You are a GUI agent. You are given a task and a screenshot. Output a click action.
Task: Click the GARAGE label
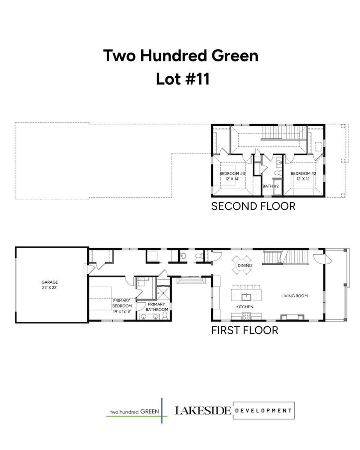point(50,282)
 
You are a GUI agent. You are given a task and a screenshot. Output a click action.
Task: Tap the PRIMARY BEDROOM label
point(122,303)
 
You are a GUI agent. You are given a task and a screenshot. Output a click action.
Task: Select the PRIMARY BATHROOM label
point(157,307)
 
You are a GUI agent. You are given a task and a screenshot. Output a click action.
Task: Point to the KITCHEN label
point(245,307)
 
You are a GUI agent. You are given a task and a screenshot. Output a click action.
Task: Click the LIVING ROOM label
point(294,296)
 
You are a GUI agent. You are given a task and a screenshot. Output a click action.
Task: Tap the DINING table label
point(245,265)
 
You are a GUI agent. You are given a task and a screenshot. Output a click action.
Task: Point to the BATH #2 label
point(271,186)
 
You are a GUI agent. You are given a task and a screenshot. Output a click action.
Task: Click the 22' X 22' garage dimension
point(50,288)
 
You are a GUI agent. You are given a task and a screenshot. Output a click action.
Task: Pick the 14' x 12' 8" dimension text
point(122,311)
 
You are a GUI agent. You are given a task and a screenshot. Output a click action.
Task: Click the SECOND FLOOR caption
point(253,206)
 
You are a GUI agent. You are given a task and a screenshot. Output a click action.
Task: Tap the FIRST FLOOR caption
point(244,330)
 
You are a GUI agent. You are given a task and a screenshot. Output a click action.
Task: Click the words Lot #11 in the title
point(182,79)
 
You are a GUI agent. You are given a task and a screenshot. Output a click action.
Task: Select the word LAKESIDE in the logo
point(203,410)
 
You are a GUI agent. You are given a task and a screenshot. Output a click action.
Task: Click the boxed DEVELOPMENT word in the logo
point(263,410)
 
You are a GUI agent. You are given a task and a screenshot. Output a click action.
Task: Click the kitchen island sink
point(247,296)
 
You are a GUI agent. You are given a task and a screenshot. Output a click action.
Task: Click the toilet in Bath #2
point(277,173)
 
